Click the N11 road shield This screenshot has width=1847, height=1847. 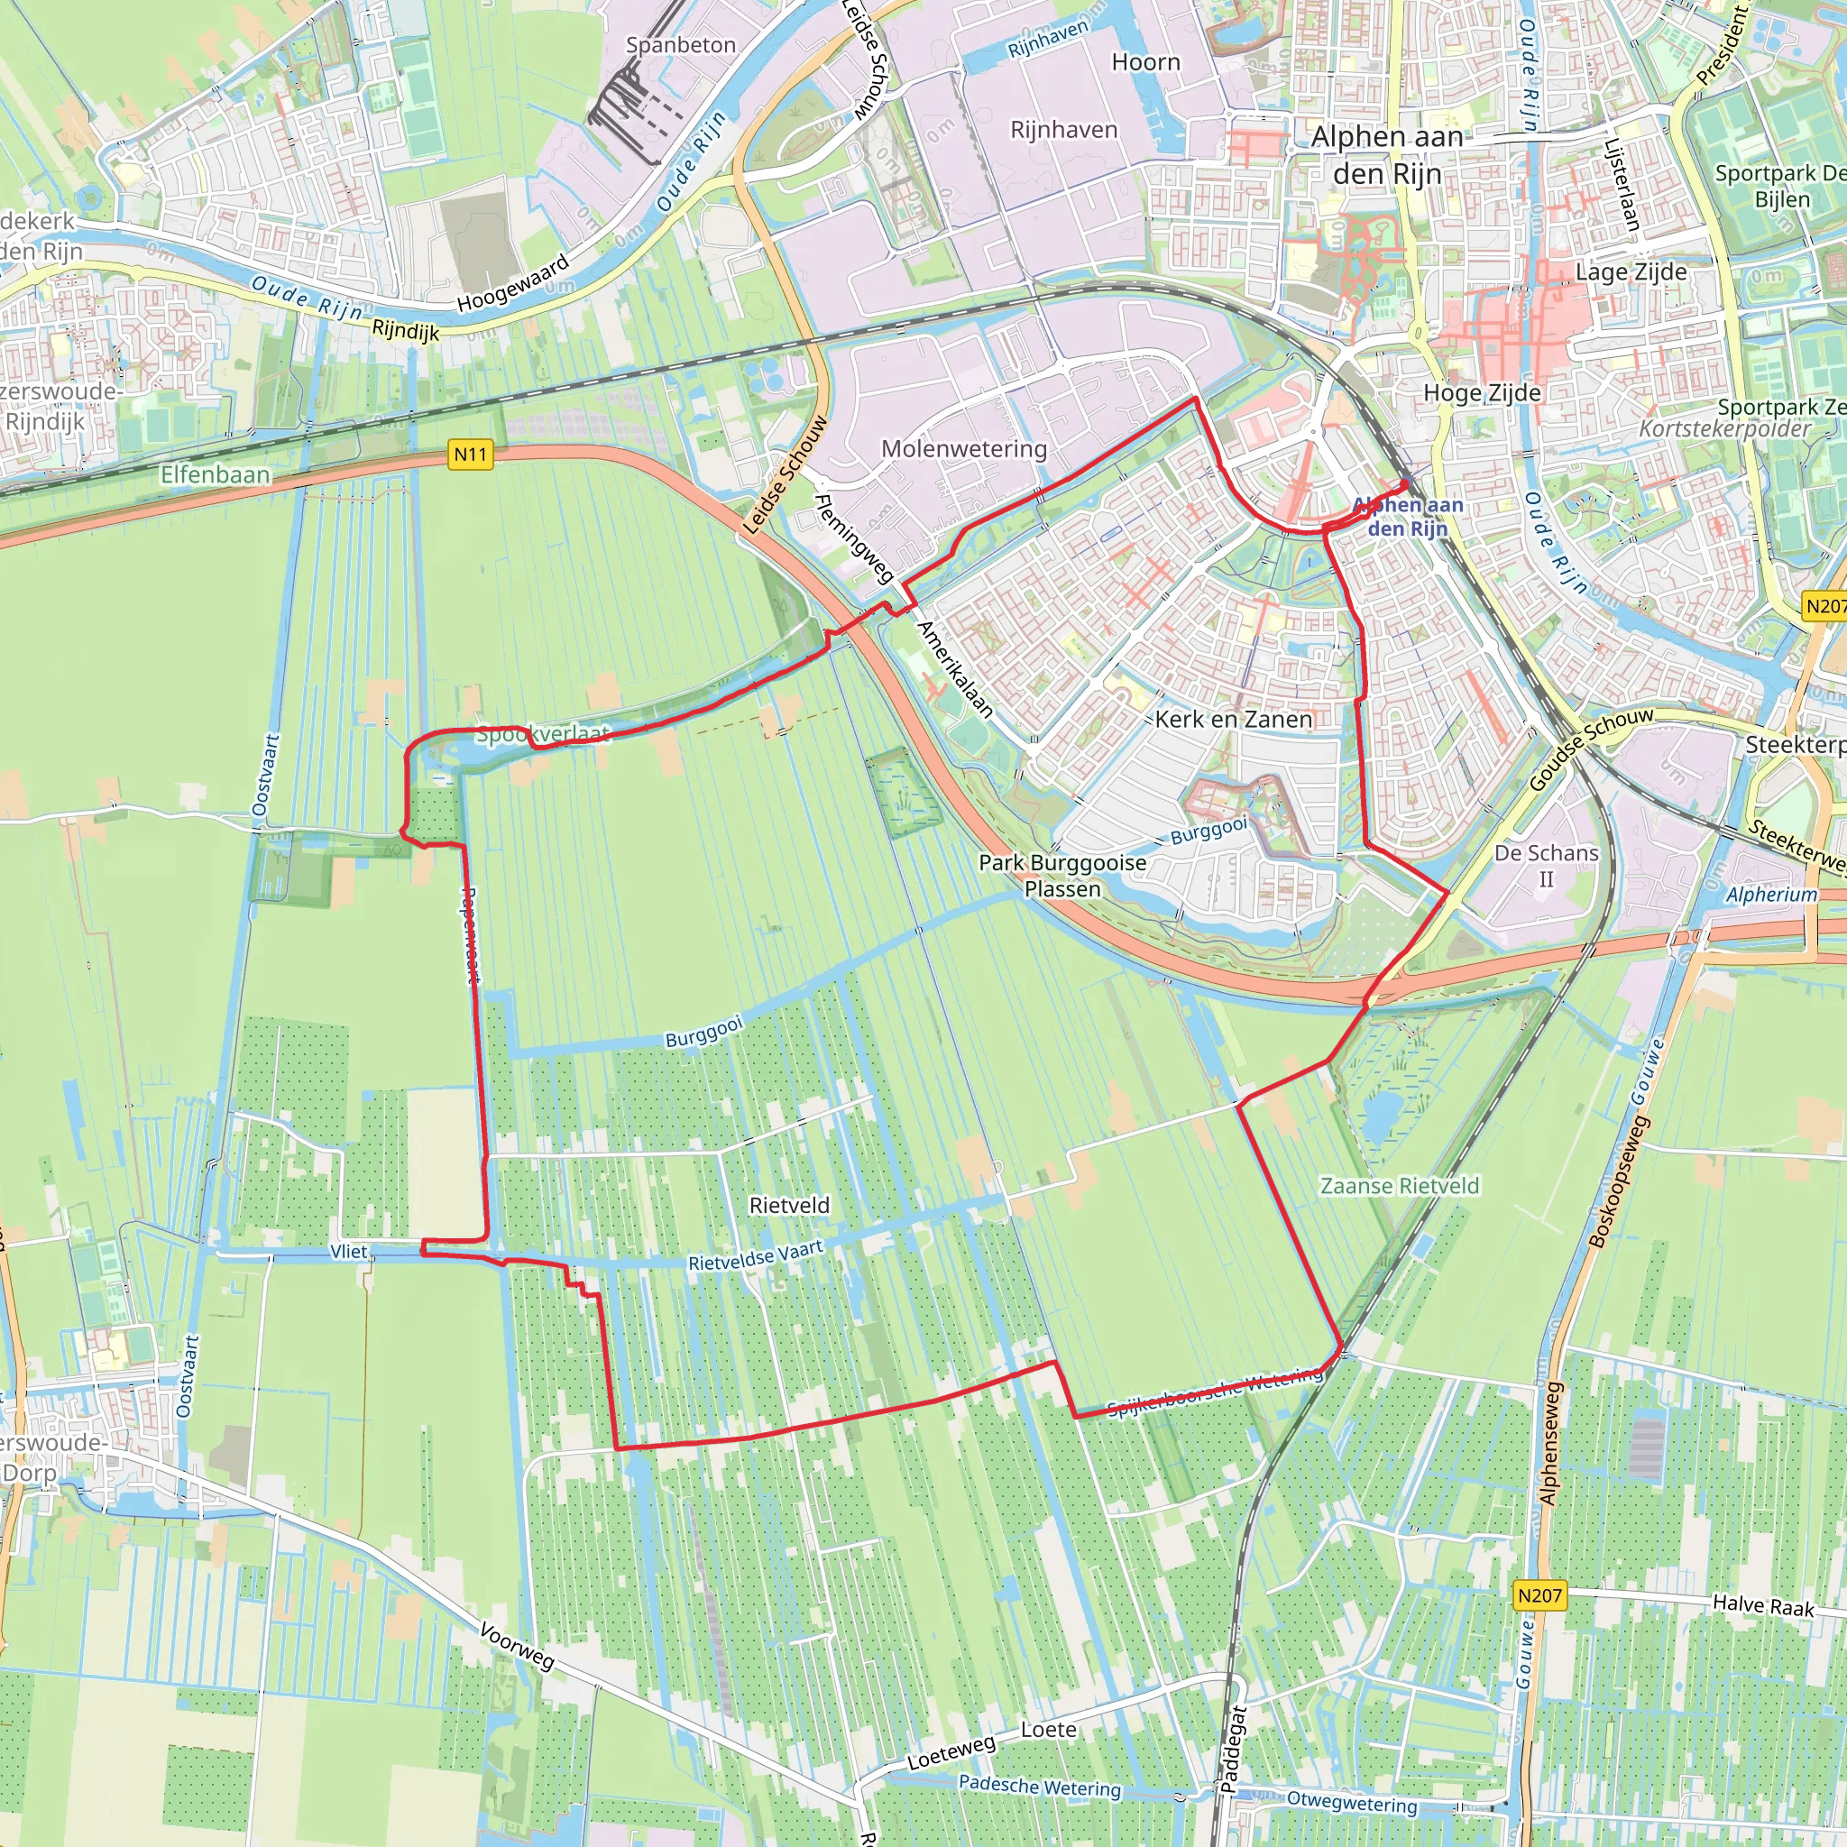pos(471,455)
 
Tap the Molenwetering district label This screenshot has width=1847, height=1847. pos(964,448)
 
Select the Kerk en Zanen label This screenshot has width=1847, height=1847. pos(1233,719)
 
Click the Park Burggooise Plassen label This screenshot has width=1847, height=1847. pos(1062,876)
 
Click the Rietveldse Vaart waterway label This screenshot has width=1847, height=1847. pos(755,1255)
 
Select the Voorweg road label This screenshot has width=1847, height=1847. pos(517,1645)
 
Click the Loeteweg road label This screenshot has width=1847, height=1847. pos(951,1752)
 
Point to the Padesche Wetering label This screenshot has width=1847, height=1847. pos(1039,1786)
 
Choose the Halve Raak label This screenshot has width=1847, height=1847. pos(1763,1605)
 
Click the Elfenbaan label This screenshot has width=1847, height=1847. pos(216,474)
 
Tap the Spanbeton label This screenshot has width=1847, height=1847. pos(681,45)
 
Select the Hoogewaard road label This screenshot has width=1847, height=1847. pos(512,283)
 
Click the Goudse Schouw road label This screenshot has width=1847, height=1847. pos(1591,749)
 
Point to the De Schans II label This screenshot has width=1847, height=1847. pos(1546,865)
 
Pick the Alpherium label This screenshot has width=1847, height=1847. pos(1771,895)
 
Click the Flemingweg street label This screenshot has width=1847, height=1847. pos(854,538)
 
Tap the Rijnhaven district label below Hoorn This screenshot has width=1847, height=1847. pos(1063,129)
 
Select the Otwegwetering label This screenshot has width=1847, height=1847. pos(1352,1803)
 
